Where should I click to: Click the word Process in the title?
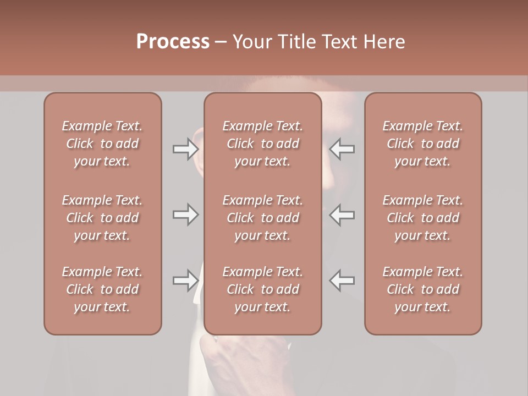173,42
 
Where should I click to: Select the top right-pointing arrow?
185,149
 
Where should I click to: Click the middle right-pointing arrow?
185,215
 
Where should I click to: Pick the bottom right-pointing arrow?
185,280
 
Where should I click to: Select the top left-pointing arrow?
342,149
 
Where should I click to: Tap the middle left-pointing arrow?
342,215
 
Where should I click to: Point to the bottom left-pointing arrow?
342,280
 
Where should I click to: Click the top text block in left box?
102,144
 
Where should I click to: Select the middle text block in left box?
102,218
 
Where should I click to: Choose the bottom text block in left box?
102,289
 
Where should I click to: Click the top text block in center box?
262,144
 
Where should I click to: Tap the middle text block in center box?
262,218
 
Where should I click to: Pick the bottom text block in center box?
262,289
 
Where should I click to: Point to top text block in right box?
422,144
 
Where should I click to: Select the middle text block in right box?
422,218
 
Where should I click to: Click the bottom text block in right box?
422,289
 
